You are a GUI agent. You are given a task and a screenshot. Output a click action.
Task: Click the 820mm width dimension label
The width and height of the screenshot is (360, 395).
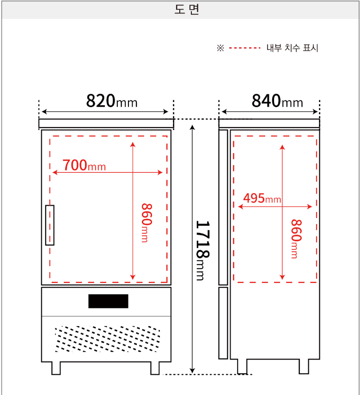[x=112, y=101]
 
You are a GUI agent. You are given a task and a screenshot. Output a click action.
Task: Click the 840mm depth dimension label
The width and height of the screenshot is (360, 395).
[x=277, y=101]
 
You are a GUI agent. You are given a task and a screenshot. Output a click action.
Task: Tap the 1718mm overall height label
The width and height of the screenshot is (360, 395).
[x=203, y=251]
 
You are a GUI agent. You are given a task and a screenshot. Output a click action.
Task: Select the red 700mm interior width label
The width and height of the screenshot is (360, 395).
[x=84, y=165]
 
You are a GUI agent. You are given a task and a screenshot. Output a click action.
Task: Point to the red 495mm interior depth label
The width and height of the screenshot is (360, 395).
[x=262, y=198]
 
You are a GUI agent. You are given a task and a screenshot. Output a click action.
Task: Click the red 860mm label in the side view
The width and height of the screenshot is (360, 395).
[x=296, y=239]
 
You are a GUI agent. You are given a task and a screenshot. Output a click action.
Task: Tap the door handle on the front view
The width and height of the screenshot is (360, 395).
[x=49, y=225]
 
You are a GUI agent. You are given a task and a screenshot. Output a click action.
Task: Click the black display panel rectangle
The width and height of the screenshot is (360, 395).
[x=108, y=301]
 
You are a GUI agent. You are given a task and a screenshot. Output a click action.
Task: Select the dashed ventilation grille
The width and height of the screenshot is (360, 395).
[x=108, y=339]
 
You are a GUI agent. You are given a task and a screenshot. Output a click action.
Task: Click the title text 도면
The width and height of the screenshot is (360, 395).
[x=187, y=10]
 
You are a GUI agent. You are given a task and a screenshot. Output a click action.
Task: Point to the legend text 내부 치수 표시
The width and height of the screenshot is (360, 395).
[x=292, y=48]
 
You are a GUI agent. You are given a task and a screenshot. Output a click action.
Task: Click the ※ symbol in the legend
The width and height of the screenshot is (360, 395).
[x=220, y=48]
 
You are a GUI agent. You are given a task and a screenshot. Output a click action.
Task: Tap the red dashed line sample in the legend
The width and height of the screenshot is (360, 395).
[x=244, y=48]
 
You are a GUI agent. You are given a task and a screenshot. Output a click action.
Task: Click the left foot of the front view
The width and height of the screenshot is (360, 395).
[x=56, y=368]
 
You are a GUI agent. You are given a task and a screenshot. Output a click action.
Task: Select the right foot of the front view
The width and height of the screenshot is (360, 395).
[x=155, y=368]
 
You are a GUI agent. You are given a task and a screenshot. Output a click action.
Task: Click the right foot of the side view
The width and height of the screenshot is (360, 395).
[x=304, y=366]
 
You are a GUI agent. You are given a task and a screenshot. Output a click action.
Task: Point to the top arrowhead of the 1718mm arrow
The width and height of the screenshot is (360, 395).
[x=192, y=127]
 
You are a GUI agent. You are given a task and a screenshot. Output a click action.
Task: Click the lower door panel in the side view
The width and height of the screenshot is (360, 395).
[x=223, y=323]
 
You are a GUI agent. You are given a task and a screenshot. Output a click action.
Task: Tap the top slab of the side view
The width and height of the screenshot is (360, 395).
[x=269, y=123]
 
